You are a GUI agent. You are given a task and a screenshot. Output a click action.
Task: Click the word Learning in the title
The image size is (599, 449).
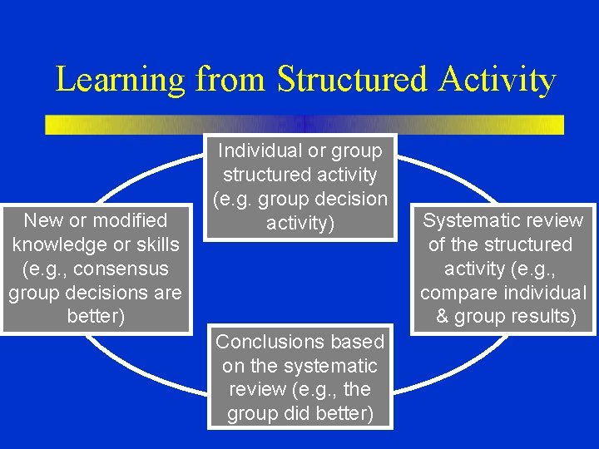point(120,81)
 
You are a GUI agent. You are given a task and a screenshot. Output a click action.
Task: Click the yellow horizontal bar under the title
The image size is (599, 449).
point(304,125)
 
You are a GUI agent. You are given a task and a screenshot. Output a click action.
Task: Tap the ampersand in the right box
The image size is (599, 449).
point(442,318)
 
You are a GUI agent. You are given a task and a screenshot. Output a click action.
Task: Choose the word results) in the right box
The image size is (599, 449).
point(541,318)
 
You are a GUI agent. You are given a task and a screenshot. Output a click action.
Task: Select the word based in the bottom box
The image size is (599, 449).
point(357,342)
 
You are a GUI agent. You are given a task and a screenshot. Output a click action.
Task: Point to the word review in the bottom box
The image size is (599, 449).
point(257,390)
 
